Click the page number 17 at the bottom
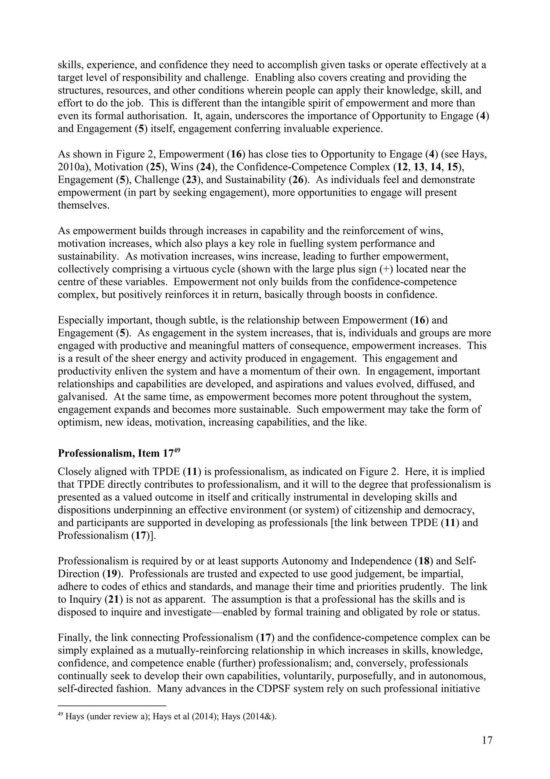[487, 740]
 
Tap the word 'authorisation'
[154, 116]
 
